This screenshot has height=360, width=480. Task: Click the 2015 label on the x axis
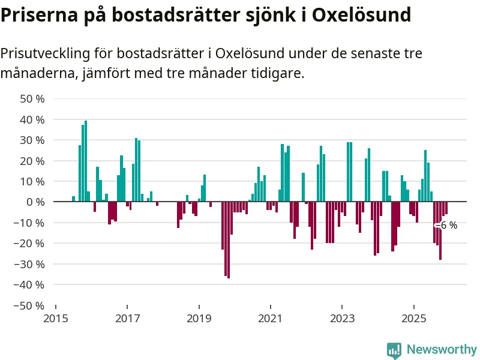pos(56,318)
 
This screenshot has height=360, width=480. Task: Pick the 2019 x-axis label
pos(199,318)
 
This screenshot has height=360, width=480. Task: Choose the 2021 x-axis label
pos(270,318)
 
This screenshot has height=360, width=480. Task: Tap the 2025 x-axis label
pos(413,318)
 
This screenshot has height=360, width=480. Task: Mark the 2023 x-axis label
pos(342,318)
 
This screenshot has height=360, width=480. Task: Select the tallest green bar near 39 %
pos(86,161)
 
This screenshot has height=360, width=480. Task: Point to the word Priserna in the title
pos(35,14)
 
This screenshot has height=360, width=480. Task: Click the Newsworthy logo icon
pos(394,350)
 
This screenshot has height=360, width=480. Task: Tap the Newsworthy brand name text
pos(442,349)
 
